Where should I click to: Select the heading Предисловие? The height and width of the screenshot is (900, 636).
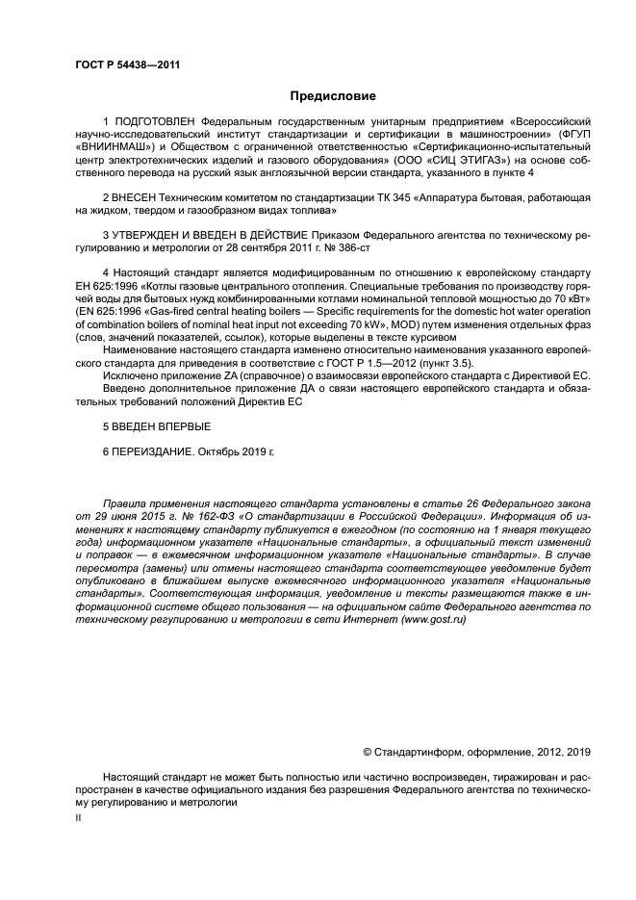334,95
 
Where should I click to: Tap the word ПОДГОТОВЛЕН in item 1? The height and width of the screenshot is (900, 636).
157,122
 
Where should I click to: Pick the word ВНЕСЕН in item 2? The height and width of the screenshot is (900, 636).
135,196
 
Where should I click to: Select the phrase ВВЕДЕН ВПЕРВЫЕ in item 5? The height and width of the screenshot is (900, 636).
162,424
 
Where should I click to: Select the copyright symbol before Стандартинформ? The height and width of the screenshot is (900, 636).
367,751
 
